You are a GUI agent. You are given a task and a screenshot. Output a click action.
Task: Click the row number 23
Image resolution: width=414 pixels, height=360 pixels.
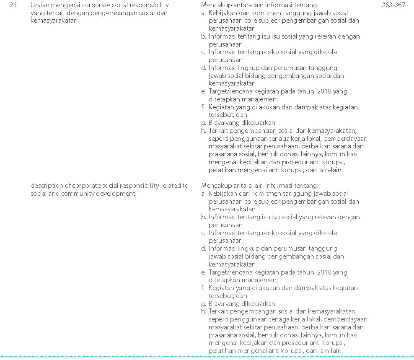point(13,5)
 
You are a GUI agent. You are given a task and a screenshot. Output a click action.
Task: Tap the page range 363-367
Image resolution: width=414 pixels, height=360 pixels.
point(393,5)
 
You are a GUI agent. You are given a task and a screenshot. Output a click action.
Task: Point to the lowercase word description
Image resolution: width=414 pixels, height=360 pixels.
point(47,186)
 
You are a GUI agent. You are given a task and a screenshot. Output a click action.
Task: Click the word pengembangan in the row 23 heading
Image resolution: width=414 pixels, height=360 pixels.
point(105,13)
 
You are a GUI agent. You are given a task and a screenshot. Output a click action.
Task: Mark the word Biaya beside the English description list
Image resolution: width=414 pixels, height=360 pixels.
point(216,303)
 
